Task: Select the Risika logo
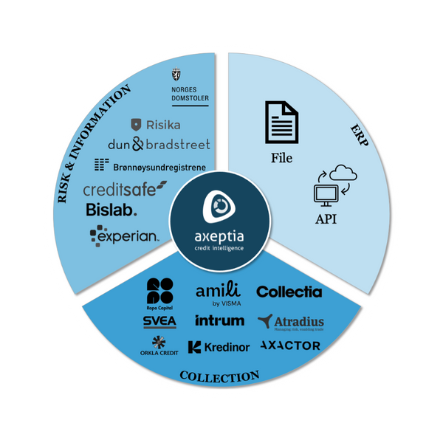[x=156, y=125]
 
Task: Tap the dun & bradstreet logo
[x=158, y=144]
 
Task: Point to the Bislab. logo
[x=111, y=210]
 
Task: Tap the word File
[x=281, y=158]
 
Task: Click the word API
[x=326, y=220]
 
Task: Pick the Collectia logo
[x=289, y=292]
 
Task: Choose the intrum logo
[x=219, y=320]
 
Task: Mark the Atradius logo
[x=291, y=322]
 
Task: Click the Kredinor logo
[x=219, y=346]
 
